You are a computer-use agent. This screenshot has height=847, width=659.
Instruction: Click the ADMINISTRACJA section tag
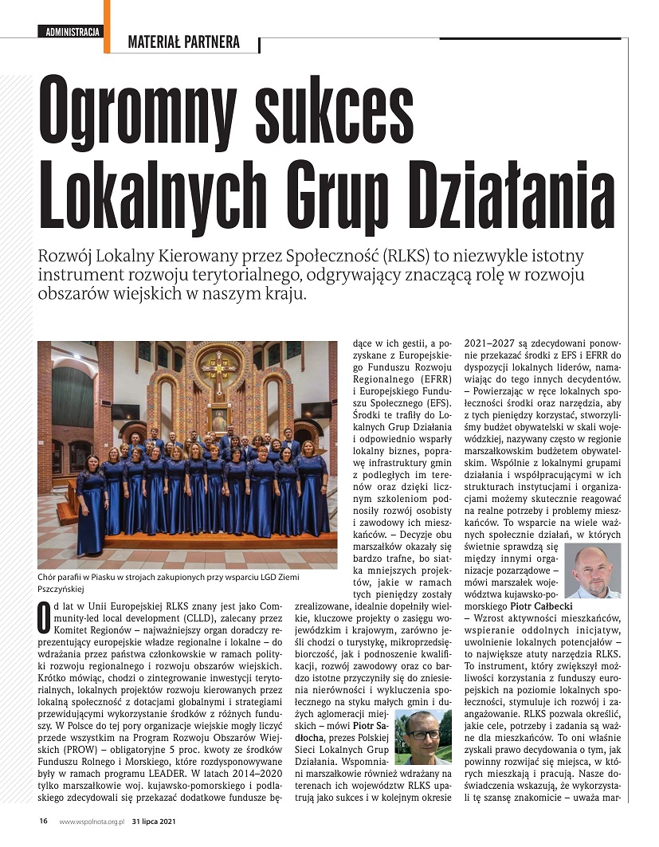tap(73, 32)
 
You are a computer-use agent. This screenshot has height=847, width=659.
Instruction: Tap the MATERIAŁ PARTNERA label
tap(183, 43)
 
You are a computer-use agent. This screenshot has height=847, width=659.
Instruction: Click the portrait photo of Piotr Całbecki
tap(592, 571)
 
